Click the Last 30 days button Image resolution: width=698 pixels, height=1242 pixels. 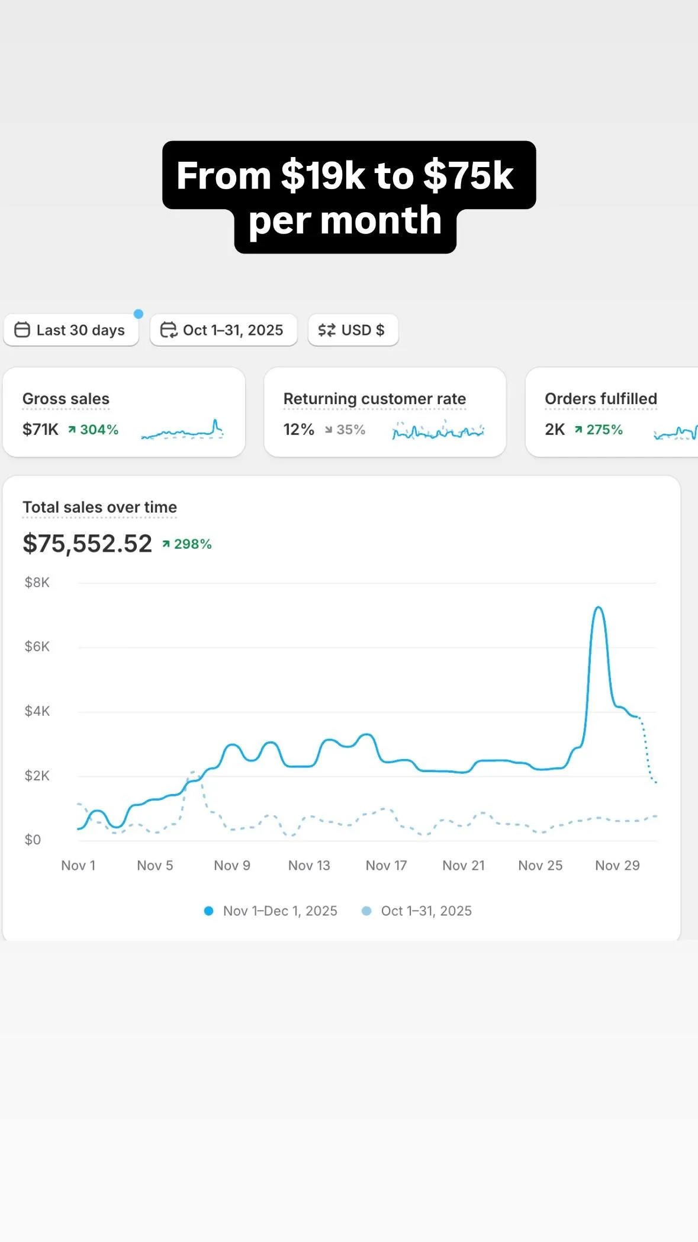(x=71, y=330)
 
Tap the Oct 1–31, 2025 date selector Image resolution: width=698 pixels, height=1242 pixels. (x=223, y=330)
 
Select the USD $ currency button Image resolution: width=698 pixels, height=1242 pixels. (x=353, y=330)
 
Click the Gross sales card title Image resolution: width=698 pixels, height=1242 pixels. (x=66, y=399)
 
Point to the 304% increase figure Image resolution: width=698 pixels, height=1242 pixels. (x=94, y=430)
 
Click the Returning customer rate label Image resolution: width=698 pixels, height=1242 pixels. (x=374, y=399)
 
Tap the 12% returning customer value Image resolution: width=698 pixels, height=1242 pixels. (x=298, y=430)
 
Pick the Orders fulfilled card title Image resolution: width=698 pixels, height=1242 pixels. (x=600, y=399)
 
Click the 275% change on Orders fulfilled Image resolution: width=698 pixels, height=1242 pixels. (x=599, y=430)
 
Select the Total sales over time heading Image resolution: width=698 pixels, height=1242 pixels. (x=99, y=507)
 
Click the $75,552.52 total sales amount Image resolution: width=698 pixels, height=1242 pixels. (x=87, y=543)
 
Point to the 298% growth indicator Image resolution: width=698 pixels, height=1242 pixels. (x=188, y=544)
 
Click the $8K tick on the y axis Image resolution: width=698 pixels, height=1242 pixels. (x=37, y=582)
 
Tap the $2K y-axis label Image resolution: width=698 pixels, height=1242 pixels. (x=37, y=776)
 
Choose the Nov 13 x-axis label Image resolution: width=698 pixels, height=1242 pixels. (x=309, y=866)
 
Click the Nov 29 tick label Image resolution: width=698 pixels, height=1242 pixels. (x=617, y=866)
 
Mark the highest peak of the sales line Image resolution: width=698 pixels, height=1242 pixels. (x=599, y=607)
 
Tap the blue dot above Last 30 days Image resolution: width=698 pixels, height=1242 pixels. (x=139, y=314)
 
